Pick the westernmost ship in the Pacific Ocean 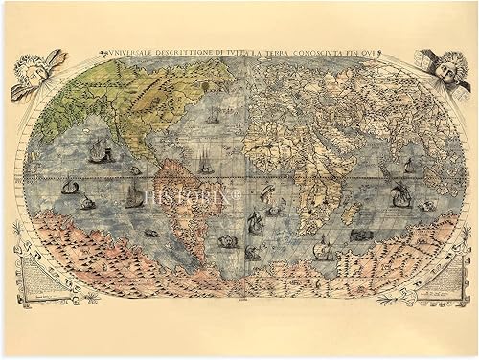coord(69,186)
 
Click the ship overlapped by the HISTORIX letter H coord(134,196)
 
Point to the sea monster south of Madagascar coord(360,236)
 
